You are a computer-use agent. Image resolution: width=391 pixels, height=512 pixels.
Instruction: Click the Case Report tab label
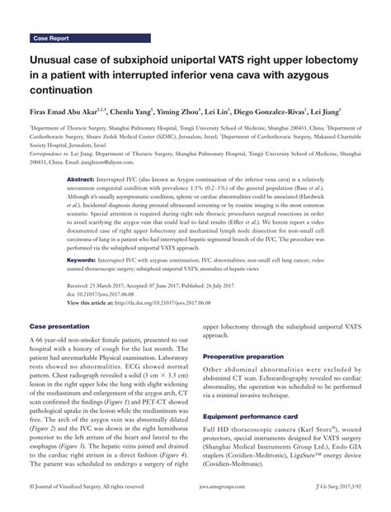click(52, 38)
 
